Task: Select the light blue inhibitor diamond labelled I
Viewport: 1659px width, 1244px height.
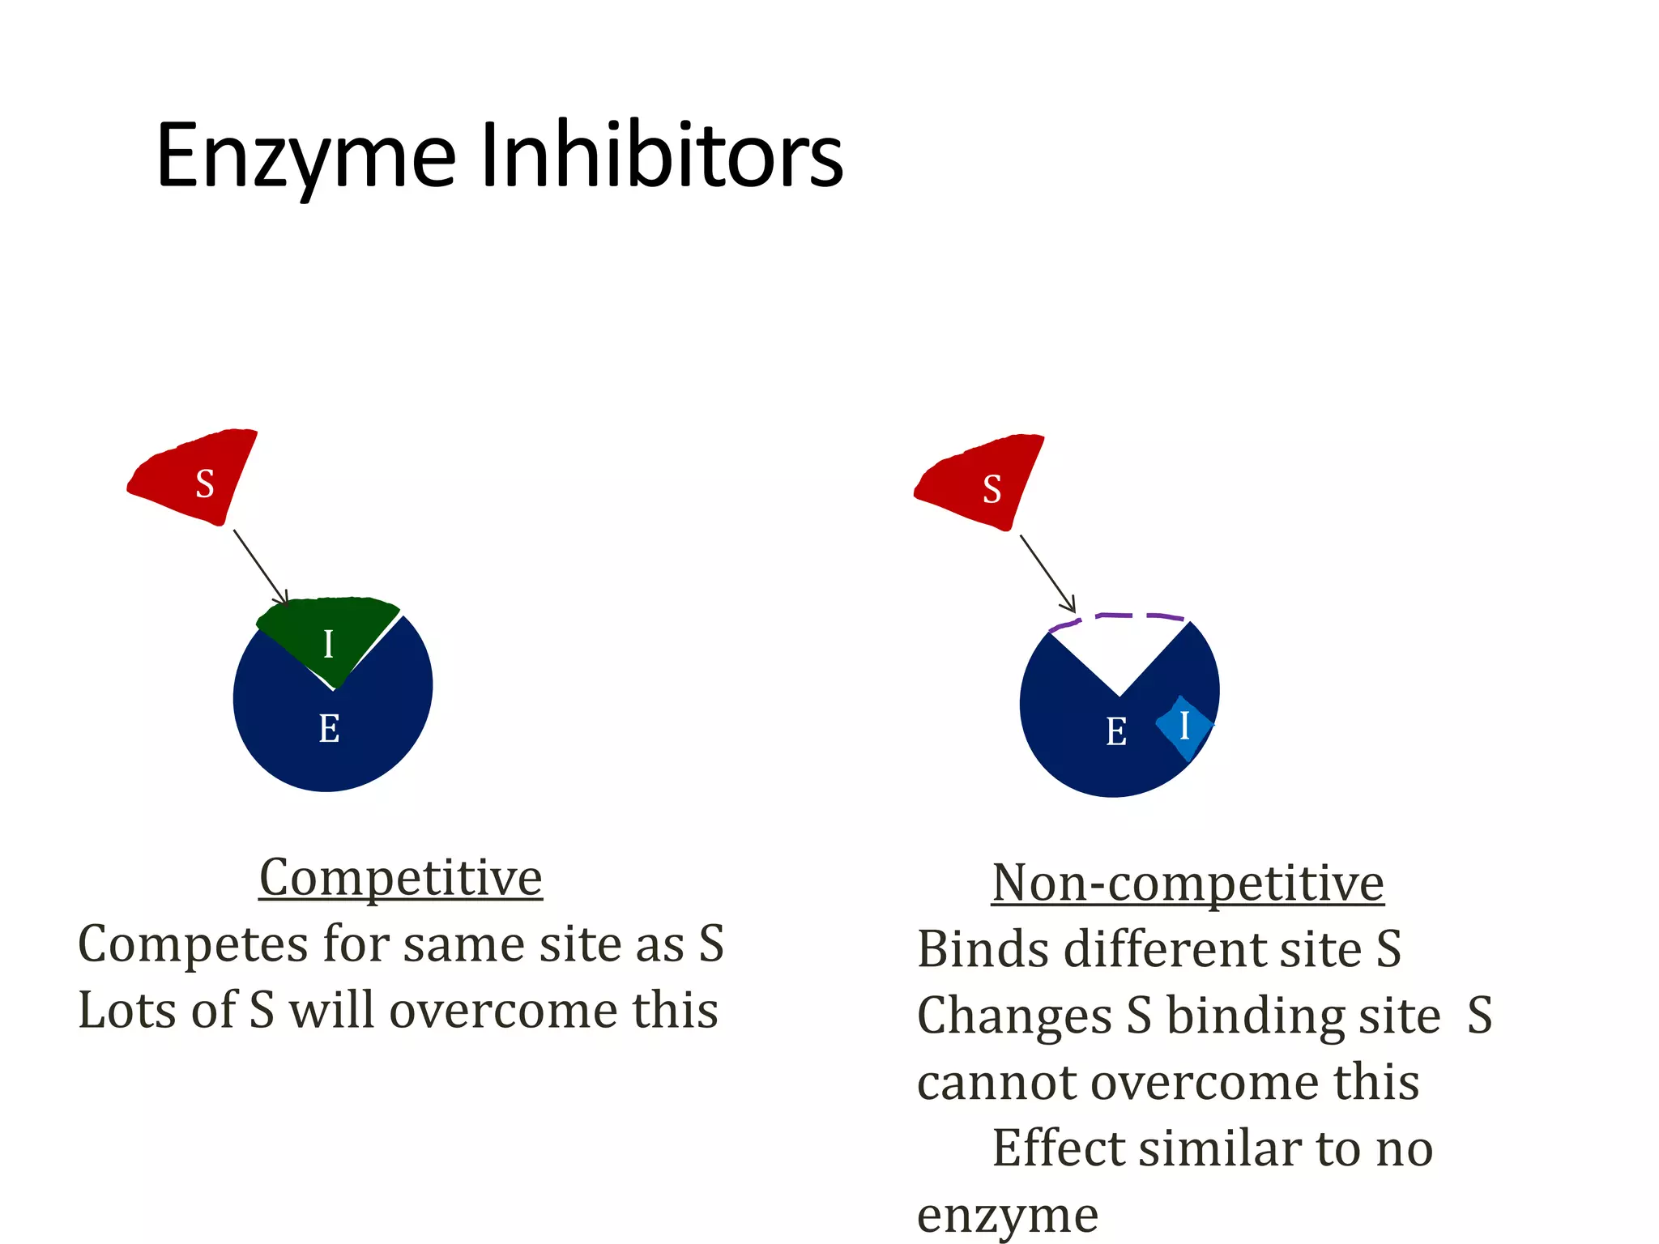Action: click(1184, 726)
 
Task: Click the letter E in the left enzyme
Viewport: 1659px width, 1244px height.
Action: click(329, 729)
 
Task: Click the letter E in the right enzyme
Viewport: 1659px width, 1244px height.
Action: click(1116, 732)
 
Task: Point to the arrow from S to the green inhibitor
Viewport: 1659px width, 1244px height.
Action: click(260, 566)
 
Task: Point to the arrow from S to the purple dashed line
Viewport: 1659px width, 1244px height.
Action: click(1047, 573)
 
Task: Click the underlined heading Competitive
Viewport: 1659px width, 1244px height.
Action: click(401, 877)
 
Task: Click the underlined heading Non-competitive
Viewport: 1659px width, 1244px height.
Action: click(1188, 883)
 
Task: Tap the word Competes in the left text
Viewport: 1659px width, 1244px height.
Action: click(193, 944)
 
